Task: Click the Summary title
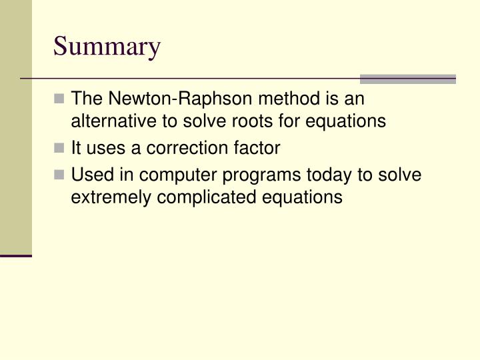107,47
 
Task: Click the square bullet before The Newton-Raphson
60,99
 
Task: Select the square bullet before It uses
60,147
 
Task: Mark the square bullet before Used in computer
60,175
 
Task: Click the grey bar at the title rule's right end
407,79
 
